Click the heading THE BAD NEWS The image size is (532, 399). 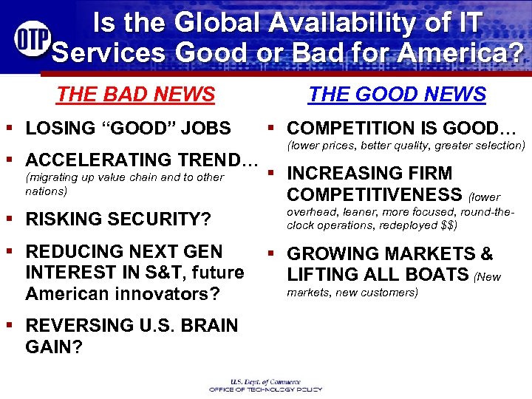pyautogui.click(x=135, y=95)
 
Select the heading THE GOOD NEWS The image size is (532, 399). pyautogui.click(x=397, y=95)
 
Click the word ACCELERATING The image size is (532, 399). pyautogui.click(x=95, y=160)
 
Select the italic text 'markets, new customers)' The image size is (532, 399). pyautogui.click(x=352, y=293)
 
